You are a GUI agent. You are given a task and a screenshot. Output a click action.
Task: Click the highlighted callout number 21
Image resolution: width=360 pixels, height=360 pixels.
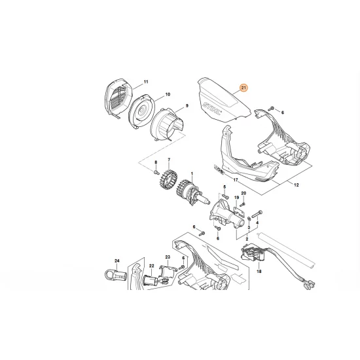click(244, 88)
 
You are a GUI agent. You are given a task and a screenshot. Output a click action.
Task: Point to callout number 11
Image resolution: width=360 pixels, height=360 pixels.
click(146, 81)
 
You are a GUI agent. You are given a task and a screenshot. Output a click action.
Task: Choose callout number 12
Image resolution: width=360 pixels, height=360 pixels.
click(296, 186)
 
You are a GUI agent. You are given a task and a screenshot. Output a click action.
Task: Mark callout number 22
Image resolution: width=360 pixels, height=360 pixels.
click(151, 265)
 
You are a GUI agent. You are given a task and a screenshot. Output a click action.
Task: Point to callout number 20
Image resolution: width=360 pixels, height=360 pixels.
click(243, 193)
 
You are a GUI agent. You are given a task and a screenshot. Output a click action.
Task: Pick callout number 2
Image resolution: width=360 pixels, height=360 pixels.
click(246, 240)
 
